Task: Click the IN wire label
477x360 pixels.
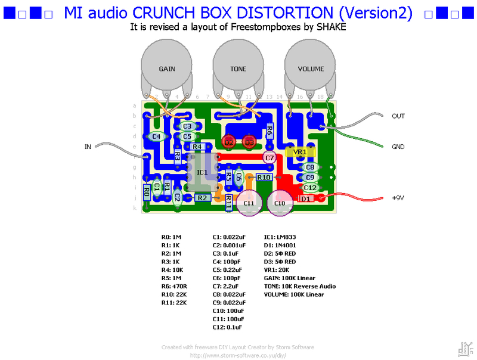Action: (88, 145)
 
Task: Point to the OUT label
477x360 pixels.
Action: (398, 116)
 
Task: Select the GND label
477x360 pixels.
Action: (398, 147)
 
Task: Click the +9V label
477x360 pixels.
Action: (398, 198)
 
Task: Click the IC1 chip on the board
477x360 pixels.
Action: (202, 172)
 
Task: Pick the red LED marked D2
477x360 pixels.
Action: (229, 142)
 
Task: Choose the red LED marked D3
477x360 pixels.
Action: (249, 142)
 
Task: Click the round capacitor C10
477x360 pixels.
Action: (280, 203)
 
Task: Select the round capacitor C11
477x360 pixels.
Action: (249, 203)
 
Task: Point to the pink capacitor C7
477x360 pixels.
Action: (270, 158)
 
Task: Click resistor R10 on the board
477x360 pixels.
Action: (264, 177)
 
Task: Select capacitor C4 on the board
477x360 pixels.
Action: (156, 136)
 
